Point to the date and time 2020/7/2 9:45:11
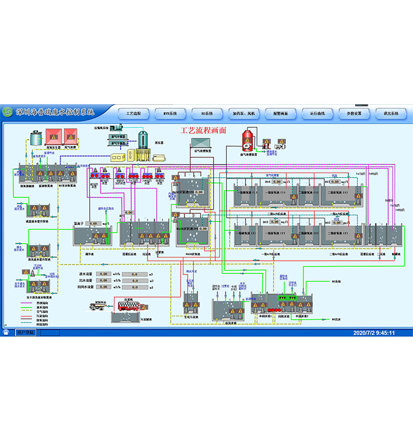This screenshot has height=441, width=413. (374, 332)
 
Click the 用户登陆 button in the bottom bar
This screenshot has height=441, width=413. (25, 332)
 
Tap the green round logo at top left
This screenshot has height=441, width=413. (8, 112)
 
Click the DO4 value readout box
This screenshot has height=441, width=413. (276, 181)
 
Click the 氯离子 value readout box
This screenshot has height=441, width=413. (93, 223)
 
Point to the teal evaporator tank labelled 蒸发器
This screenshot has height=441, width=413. (145, 142)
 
